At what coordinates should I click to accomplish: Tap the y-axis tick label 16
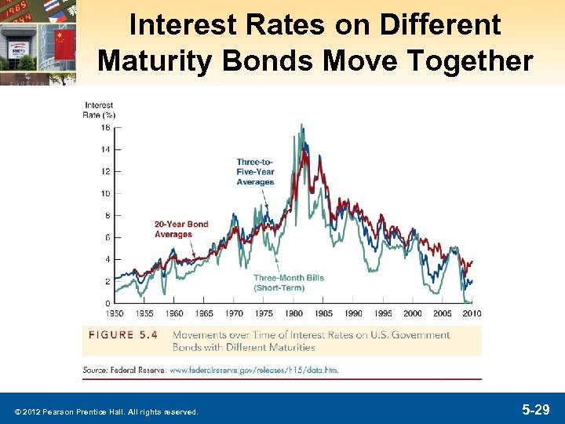point(105,127)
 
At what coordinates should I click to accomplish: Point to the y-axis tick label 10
point(105,193)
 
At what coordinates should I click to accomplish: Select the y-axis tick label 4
point(107,259)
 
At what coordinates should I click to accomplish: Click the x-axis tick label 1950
point(115,313)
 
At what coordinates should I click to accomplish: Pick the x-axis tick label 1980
point(294,313)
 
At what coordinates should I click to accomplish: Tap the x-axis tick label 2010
point(472,313)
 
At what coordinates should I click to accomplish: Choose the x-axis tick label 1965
point(204,313)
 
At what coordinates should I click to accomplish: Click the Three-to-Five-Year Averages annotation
point(255,172)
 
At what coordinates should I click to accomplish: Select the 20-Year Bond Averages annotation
point(181,228)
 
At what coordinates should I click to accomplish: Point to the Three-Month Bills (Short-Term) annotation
point(288,283)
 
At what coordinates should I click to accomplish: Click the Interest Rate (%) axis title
point(99,110)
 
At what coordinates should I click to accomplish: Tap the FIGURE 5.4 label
point(123,335)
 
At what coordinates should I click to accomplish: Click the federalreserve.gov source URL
point(253,370)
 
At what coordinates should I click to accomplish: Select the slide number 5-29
point(537,410)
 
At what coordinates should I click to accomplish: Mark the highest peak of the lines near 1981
point(302,125)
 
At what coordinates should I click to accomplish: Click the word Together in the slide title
point(475,60)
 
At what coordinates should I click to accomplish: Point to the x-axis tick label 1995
point(383,313)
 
